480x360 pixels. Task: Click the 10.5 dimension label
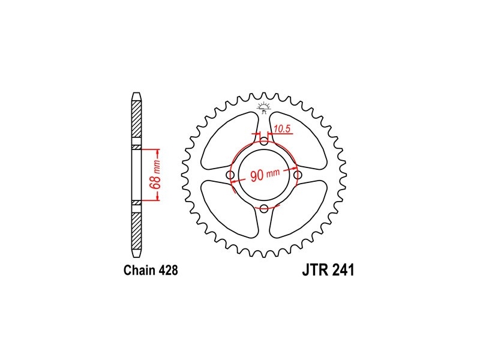click(282, 129)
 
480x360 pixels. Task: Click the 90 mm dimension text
click(265, 175)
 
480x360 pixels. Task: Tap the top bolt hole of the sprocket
click(264, 142)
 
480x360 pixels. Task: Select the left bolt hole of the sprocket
click(230, 175)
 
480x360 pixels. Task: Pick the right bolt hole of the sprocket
click(298, 175)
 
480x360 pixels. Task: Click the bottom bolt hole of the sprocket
click(264, 209)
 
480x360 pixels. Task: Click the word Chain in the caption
click(140, 271)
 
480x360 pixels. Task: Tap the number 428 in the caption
click(169, 271)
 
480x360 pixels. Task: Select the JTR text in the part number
click(316, 270)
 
